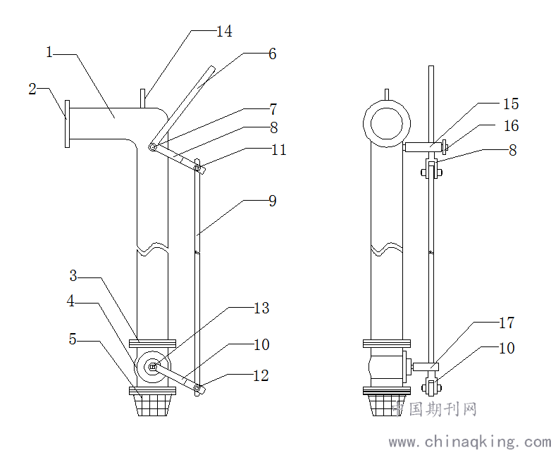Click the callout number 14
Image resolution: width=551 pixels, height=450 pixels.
224,32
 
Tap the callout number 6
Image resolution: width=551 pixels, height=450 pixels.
272,54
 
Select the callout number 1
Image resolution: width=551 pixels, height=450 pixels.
49,53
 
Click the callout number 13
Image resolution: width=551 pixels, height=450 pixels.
261,308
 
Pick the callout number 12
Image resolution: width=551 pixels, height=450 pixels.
261,376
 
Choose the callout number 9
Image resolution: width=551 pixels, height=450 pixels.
272,201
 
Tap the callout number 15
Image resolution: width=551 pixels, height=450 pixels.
510,104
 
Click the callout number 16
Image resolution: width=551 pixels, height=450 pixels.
510,126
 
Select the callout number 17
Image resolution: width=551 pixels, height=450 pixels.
506,323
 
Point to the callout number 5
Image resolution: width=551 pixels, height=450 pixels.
73,339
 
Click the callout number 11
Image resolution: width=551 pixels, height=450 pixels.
279,150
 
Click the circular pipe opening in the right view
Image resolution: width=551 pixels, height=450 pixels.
386,122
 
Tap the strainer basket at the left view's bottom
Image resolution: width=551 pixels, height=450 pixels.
153,406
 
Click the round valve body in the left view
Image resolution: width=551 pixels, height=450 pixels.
153,365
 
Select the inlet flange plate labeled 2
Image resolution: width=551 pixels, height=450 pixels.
67,123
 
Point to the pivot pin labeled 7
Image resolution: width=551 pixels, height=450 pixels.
152,147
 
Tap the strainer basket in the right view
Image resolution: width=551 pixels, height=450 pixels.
385,406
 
